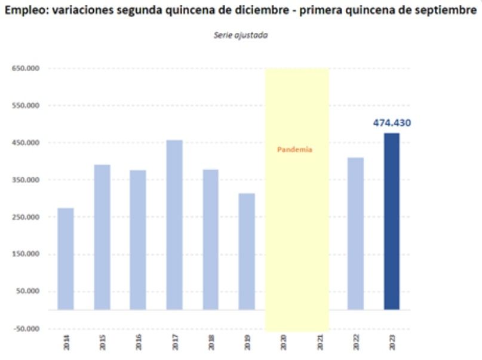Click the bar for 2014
point(66,259)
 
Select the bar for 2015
point(102,237)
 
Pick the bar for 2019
point(247,251)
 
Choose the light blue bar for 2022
point(355,233)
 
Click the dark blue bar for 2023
point(392,221)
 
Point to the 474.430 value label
point(392,123)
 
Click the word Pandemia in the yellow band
point(294,150)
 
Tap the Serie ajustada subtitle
point(241,36)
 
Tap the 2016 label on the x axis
point(139,342)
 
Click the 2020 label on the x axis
point(283,342)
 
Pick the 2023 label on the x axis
point(392,342)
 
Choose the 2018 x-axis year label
point(211,342)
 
